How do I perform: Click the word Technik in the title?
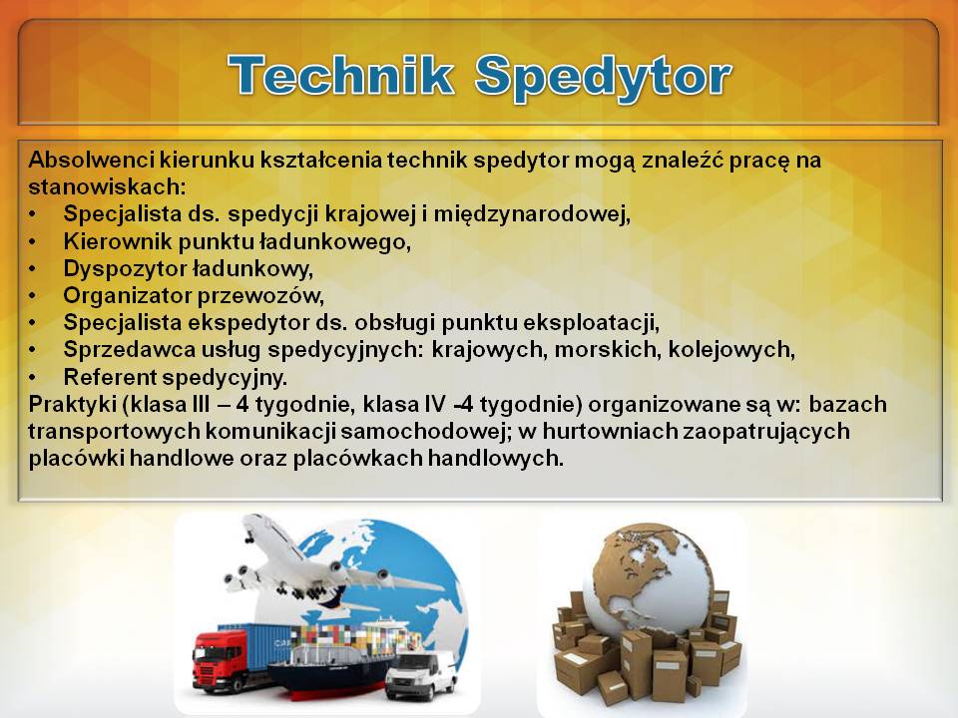(x=341, y=75)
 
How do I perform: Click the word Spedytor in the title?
(x=603, y=78)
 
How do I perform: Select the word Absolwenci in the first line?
(x=91, y=160)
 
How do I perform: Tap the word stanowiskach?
(x=107, y=186)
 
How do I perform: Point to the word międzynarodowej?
(x=532, y=214)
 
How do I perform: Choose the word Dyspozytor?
(x=126, y=268)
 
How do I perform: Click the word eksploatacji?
(x=591, y=323)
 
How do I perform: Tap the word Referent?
(x=111, y=377)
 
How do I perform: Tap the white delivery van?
(x=421, y=675)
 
